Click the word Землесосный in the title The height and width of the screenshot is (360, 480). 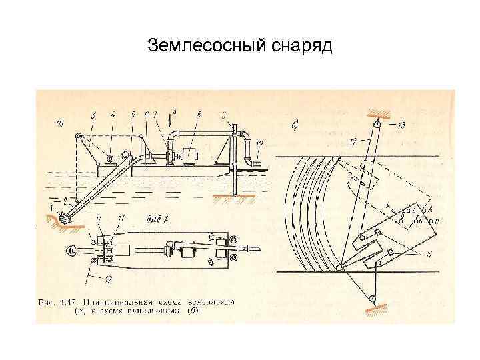click(207, 46)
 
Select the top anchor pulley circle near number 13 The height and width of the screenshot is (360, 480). click(376, 123)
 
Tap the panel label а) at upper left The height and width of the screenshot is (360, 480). click(60, 123)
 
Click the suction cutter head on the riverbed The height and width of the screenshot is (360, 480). click(65, 217)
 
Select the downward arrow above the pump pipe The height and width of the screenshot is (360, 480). click(173, 121)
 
